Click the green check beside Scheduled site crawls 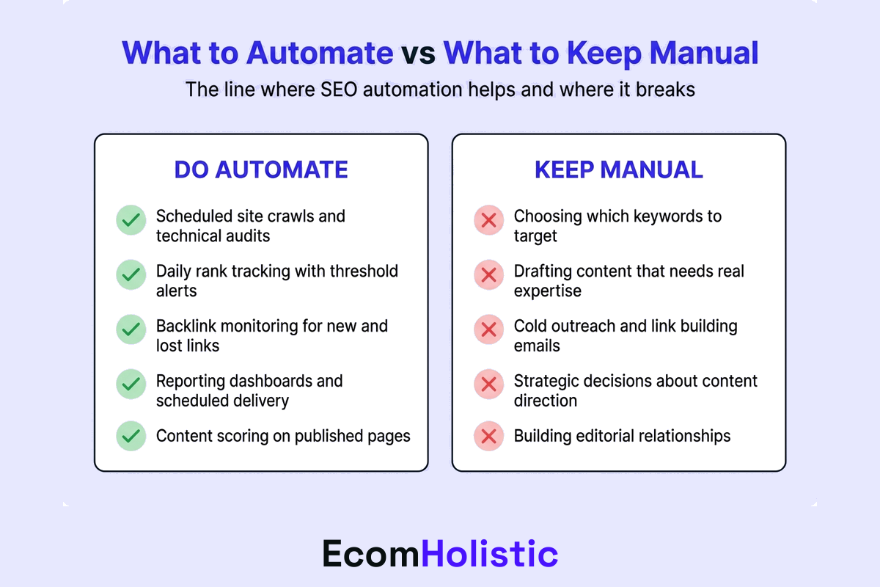pos(131,219)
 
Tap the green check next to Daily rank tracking pos(131,274)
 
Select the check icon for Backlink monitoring pos(131,329)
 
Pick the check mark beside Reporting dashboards pos(131,384)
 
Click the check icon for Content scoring pos(131,436)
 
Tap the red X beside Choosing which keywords pos(488,219)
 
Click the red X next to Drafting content pos(488,274)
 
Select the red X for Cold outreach pos(488,329)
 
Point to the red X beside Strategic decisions pos(488,384)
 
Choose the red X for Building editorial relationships pos(488,436)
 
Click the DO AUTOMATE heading pos(260,170)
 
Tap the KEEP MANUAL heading pos(618,170)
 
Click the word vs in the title pos(418,54)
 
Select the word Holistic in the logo pos(490,554)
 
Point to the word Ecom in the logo pos(371,554)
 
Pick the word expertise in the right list pos(547,291)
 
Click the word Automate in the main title pos(319,54)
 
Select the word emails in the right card pos(537,346)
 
